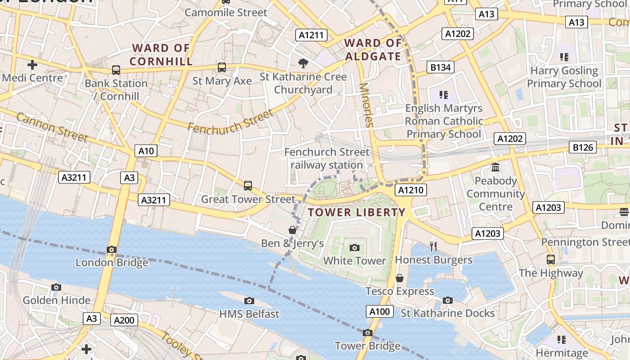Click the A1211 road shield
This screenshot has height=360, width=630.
tap(311, 35)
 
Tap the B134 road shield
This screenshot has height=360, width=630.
tap(441, 67)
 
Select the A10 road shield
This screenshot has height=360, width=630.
tap(146, 151)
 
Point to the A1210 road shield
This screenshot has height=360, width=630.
tap(410, 190)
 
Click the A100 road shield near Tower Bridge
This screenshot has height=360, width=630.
tap(379, 311)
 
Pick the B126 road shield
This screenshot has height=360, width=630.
tap(584, 147)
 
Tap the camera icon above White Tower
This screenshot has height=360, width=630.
tap(355, 247)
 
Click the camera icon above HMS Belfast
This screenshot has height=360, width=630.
tap(249, 301)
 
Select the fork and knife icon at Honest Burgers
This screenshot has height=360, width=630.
tap(433, 246)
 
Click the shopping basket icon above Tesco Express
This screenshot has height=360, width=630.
tap(399, 278)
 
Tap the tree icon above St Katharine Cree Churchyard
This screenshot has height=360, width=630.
tap(303, 63)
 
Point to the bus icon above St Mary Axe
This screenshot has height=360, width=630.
tap(221, 67)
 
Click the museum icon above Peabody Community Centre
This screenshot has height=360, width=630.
tap(495, 167)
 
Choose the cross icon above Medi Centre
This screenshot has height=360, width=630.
tap(32, 64)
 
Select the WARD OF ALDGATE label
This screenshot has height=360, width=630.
tap(373, 49)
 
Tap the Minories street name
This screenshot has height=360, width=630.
tap(366, 105)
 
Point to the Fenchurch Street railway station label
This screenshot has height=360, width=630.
tap(327, 158)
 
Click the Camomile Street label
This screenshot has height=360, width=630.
tap(226, 12)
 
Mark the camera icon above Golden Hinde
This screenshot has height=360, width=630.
tap(56, 287)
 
